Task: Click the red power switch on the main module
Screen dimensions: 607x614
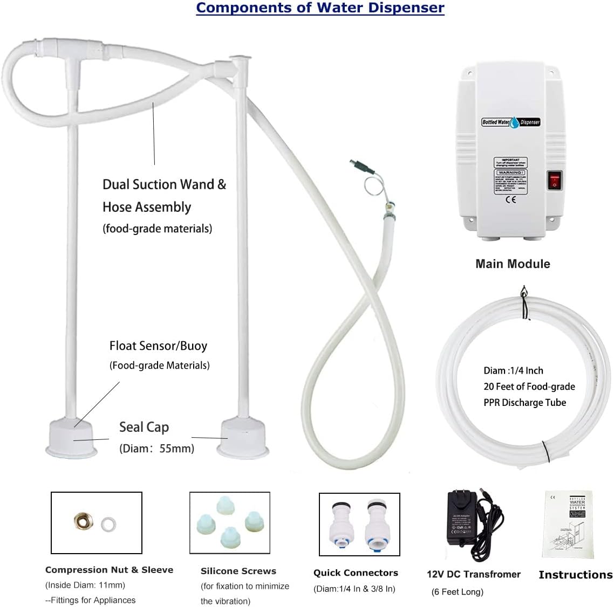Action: (x=555, y=181)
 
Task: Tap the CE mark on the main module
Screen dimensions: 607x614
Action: (x=511, y=199)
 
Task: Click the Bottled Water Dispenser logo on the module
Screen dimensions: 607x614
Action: (x=510, y=122)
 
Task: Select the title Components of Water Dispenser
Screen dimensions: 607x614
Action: (x=320, y=8)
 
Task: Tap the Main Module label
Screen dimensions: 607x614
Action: (x=513, y=264)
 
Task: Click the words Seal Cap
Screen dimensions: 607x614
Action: (x=144, y=427)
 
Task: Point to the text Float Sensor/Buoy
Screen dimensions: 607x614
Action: (x=158, y=346)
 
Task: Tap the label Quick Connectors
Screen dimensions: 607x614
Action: (x=356, y=572)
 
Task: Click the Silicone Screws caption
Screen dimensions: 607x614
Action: (x=238, y=571)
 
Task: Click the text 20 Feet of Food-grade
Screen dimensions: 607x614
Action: (x=529, y=387)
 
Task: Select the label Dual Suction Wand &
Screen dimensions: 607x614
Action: (x=164, y=184)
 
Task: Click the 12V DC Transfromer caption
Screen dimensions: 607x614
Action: (x=473, y=574)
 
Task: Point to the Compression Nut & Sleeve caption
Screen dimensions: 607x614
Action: (x=109, y=570)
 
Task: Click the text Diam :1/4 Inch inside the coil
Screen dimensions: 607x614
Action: (x=513, y=370)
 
